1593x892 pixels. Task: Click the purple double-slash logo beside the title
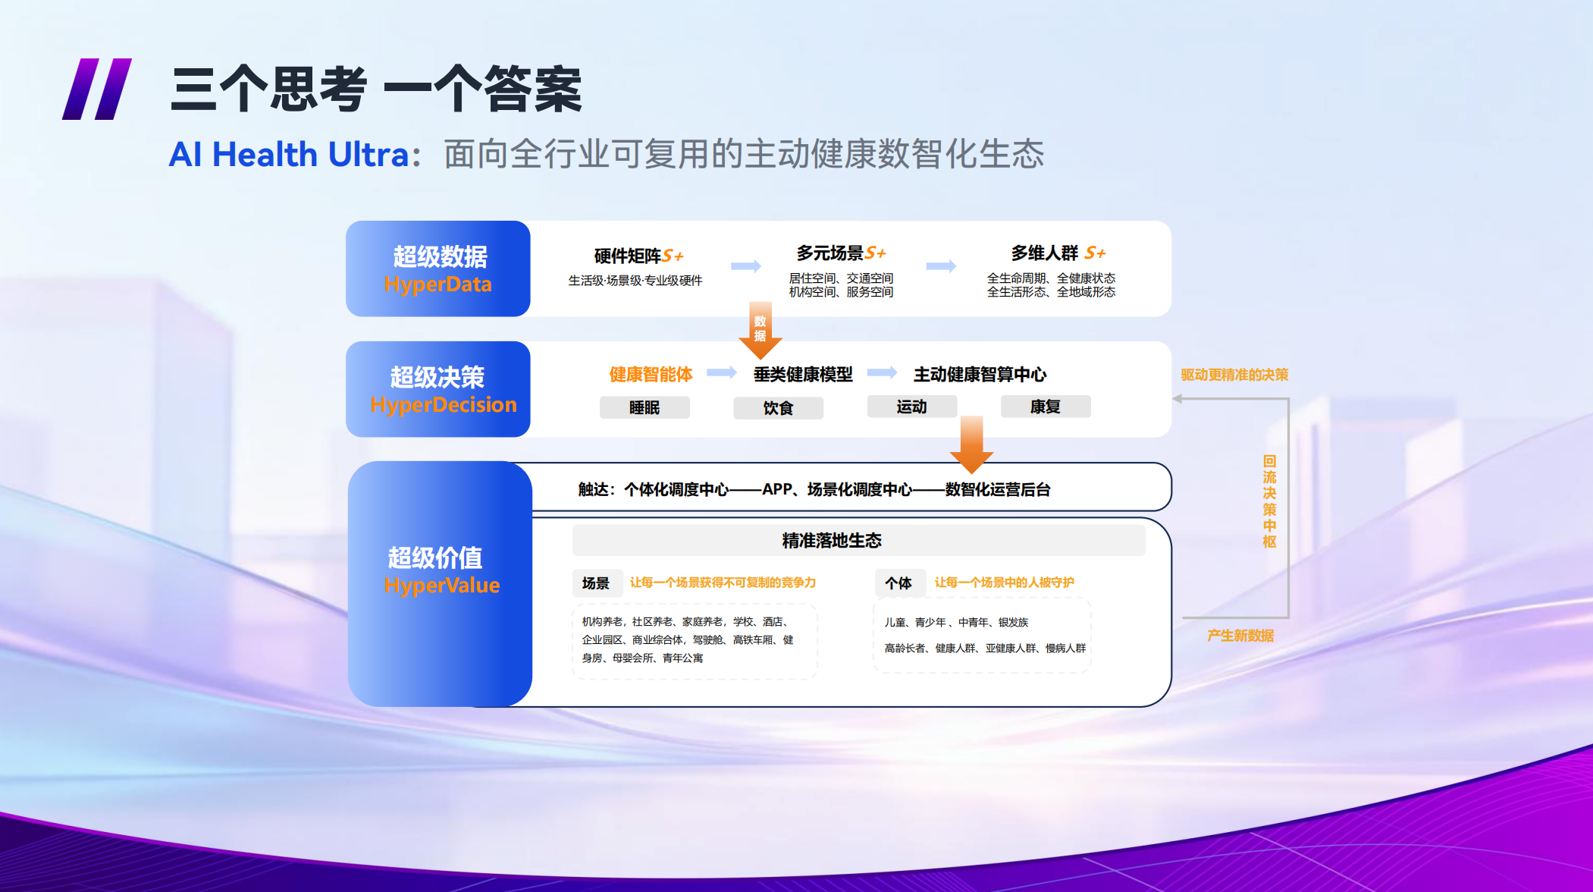(96, 89)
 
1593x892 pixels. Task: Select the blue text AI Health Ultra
(289, 155)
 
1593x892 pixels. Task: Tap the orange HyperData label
(438, 284)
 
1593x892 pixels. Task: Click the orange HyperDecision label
(444, 405)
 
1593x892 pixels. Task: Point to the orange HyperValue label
(442, 586)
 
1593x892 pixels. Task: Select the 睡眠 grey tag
(644, 407)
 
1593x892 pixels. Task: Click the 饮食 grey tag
(778, 408)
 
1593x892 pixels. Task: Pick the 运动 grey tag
(911, 407)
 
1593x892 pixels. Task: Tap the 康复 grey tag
(1046, 407)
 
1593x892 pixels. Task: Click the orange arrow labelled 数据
(760, 331)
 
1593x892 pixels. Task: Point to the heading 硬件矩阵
(628, 256)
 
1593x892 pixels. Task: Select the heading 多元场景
(830, 253)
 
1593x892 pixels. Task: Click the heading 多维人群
(1044, 253)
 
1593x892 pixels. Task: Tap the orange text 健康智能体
(651, 374)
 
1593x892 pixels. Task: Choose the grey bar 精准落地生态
(858, 540)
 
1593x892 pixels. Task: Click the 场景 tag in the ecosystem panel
(597, 583)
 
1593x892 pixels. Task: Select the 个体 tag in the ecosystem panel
(899, 583)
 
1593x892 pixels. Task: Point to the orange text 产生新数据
(1240, 636)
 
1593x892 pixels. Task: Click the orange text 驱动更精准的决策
(1234, 375)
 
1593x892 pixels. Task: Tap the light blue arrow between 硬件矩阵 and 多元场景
(746, 265)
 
